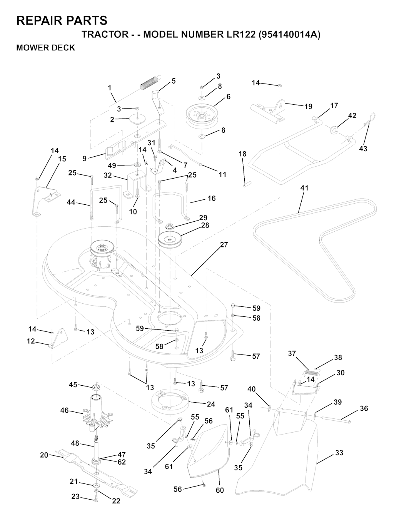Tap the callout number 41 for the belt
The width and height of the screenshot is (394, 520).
tap(304, 188)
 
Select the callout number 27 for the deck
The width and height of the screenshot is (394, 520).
tap(224, 245)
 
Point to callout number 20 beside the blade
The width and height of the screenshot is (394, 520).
tap(44, 455)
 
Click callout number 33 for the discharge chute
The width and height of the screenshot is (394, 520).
tap(339, 453)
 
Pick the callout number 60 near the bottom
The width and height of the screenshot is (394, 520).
tap(220, 490)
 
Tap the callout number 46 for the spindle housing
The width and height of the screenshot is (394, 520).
tap(64, 410)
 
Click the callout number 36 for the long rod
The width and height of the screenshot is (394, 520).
tap(364, 408)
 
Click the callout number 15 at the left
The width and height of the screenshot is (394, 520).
tap(62, 159)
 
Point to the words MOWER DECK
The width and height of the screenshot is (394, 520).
tap(45, 48)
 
